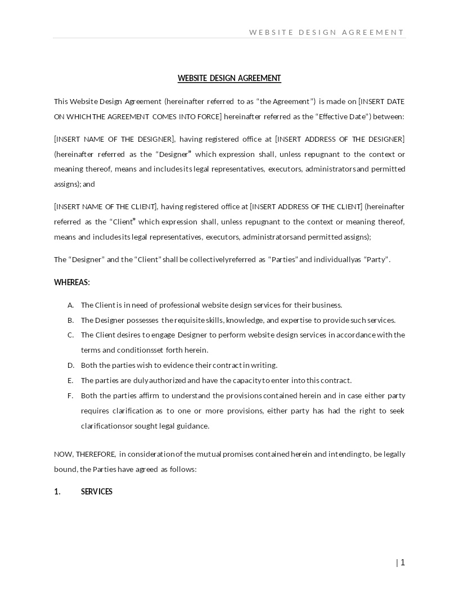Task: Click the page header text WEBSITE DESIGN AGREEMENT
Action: [x=326, y=32]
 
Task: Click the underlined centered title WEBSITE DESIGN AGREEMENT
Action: [x=229, y=78]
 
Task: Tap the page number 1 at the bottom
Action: [x=402, y=562]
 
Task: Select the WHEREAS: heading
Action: [x=72, y=282]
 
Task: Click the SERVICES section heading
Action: [x=97, y=492]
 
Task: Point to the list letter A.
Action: [x=70, y=305]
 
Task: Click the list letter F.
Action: [x=70, y=395]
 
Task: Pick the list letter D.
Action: [x=70, y=365]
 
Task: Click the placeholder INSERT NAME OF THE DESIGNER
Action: [x=115, y=139]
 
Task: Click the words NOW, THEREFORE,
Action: [x=85, y=454]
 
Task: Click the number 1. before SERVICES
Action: [x=57, y=492]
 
